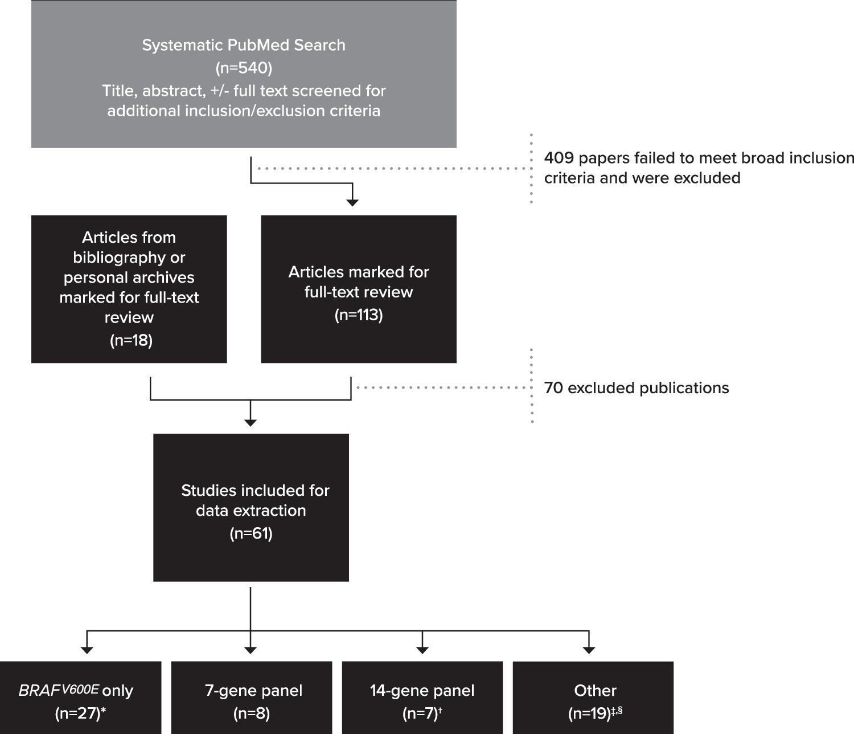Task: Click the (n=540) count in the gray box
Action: click(x=244, y=68)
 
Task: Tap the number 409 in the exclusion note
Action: click(x=559, y=158)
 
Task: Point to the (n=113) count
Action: click(x=359, y=315)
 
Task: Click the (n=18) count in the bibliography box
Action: click(x=131, y=340)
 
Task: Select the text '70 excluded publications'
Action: click(x=637, y=388)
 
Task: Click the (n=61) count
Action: click(x=251, y=533)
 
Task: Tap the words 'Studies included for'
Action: click(x=255, y=491)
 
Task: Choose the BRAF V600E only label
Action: click(x=76, y=690)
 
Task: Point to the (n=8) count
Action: click(x=252, y=713)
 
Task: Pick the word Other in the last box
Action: click(x=595, y=691)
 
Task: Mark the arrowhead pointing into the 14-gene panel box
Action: click(x=422, y=650)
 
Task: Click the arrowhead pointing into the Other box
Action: click(x=589, y=650)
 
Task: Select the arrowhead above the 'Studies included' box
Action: click(x=251, y=423)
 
